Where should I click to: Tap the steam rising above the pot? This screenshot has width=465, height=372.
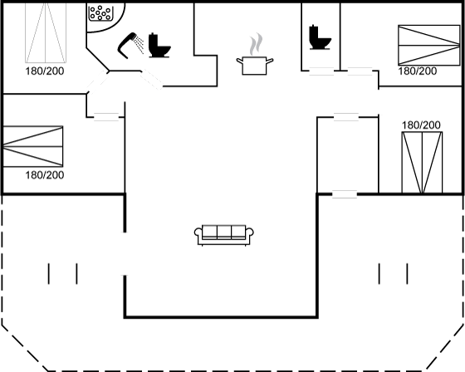[x=257, y=44]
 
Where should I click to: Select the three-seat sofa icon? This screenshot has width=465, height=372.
[x=224, y=235]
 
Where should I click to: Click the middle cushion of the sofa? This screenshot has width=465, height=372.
[x=224, y=232]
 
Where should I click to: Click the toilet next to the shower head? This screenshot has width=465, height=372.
[x=159, y=45]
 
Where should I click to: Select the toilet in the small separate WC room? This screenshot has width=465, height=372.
[x=320, y=37]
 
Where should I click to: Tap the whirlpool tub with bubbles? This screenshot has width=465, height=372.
[x=100, y=13]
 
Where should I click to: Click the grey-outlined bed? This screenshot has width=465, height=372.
[x=46, y=33]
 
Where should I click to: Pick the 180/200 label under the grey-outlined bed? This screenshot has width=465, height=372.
[x=45, y=71]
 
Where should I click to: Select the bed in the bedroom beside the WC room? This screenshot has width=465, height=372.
[x=428, y=45]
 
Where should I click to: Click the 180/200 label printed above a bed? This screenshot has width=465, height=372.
[x=421, y=125]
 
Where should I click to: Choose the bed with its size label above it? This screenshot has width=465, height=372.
[x=422, y=163]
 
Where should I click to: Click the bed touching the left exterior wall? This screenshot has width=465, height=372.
[x=33, y=146]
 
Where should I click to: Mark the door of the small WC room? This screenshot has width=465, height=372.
[x=321, y=71]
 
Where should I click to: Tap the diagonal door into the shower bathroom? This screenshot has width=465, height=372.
[x=151, y=79]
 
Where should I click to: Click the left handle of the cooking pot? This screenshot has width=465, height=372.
[x=239, y=61]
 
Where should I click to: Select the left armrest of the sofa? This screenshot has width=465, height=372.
[x=198, y=234]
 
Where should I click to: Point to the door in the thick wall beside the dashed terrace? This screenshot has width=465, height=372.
[x=345, y=194]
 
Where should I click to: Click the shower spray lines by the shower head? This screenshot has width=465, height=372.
[x=139, y=44]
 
